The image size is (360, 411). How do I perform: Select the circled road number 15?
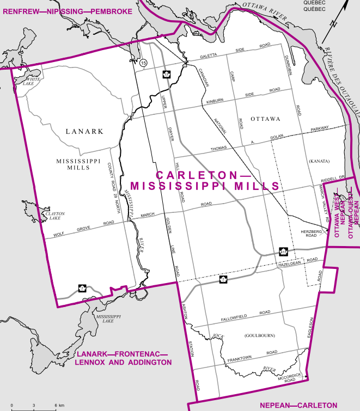pyautogui.click(x=143, y=64)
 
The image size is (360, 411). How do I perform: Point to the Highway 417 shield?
pyautogui.click(x=283, y=251)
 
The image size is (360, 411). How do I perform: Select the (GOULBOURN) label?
pyautogui.click(x=260, y=335)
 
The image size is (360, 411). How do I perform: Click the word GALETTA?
pyautogui.click(x=208, y=56)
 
